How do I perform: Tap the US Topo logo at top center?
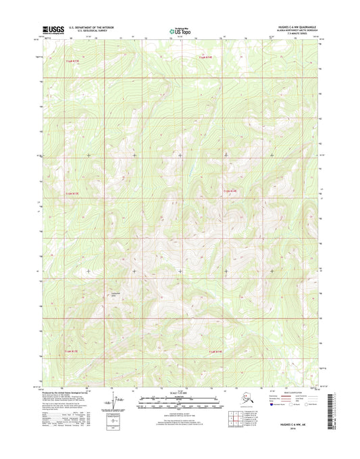click(180, 30)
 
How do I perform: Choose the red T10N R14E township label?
click(215, 351)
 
